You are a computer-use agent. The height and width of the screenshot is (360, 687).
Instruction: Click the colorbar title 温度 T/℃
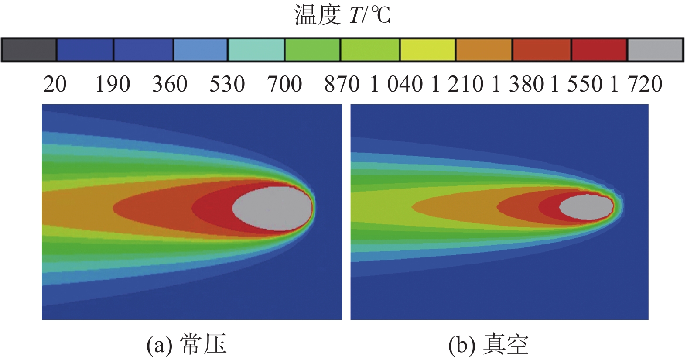tap(342, 15)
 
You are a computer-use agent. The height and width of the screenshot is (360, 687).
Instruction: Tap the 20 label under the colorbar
tap(55, 84)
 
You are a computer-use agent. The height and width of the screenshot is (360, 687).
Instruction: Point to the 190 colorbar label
tap(113, 84)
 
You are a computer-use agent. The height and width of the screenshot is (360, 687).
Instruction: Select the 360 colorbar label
tap(170, 84)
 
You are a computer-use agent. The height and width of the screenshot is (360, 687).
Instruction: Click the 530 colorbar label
tap(227, 84)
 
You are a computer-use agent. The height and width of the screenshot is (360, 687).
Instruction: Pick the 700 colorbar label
tap(284, 84)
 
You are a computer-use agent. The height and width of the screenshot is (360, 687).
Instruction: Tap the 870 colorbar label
tap(342, 84)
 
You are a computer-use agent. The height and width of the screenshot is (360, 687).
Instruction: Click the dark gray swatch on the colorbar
tap(29, 50)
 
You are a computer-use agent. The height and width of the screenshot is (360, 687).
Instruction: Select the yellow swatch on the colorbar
tap(428, 50)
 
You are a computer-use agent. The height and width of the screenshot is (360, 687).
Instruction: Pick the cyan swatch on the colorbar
tap(256, 50)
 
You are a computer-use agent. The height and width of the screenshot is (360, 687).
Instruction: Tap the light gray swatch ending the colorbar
tap(655, 50)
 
